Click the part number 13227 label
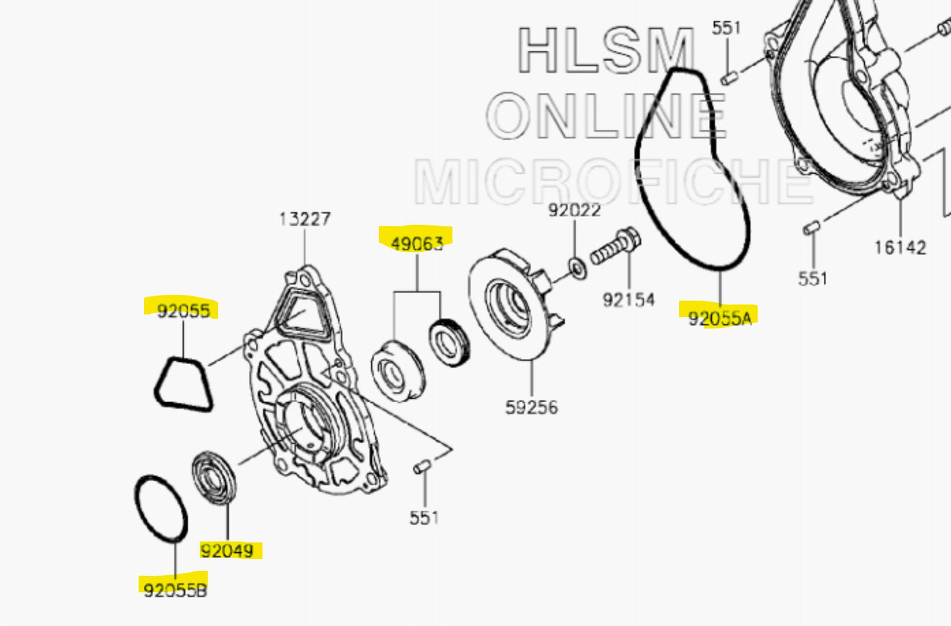click(x=304, y=219)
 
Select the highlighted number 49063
click(x=417, y=244)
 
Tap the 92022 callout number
click(x=574, y=210)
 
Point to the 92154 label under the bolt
click(x=629, y=300)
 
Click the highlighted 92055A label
click(x=719, y=319)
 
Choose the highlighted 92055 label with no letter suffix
click(x=183, y=311)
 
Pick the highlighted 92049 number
click(x=227, y=550)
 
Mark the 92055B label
click(x=175, y=590)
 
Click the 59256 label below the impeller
click(x=531, y=407)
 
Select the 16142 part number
click(x=900, y=248)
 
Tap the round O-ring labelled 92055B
click(x=161, y=509)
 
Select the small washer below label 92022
click(x=578, y=269)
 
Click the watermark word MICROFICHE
click(x=612, y=182)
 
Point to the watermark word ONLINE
click(x=605, y=117)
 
